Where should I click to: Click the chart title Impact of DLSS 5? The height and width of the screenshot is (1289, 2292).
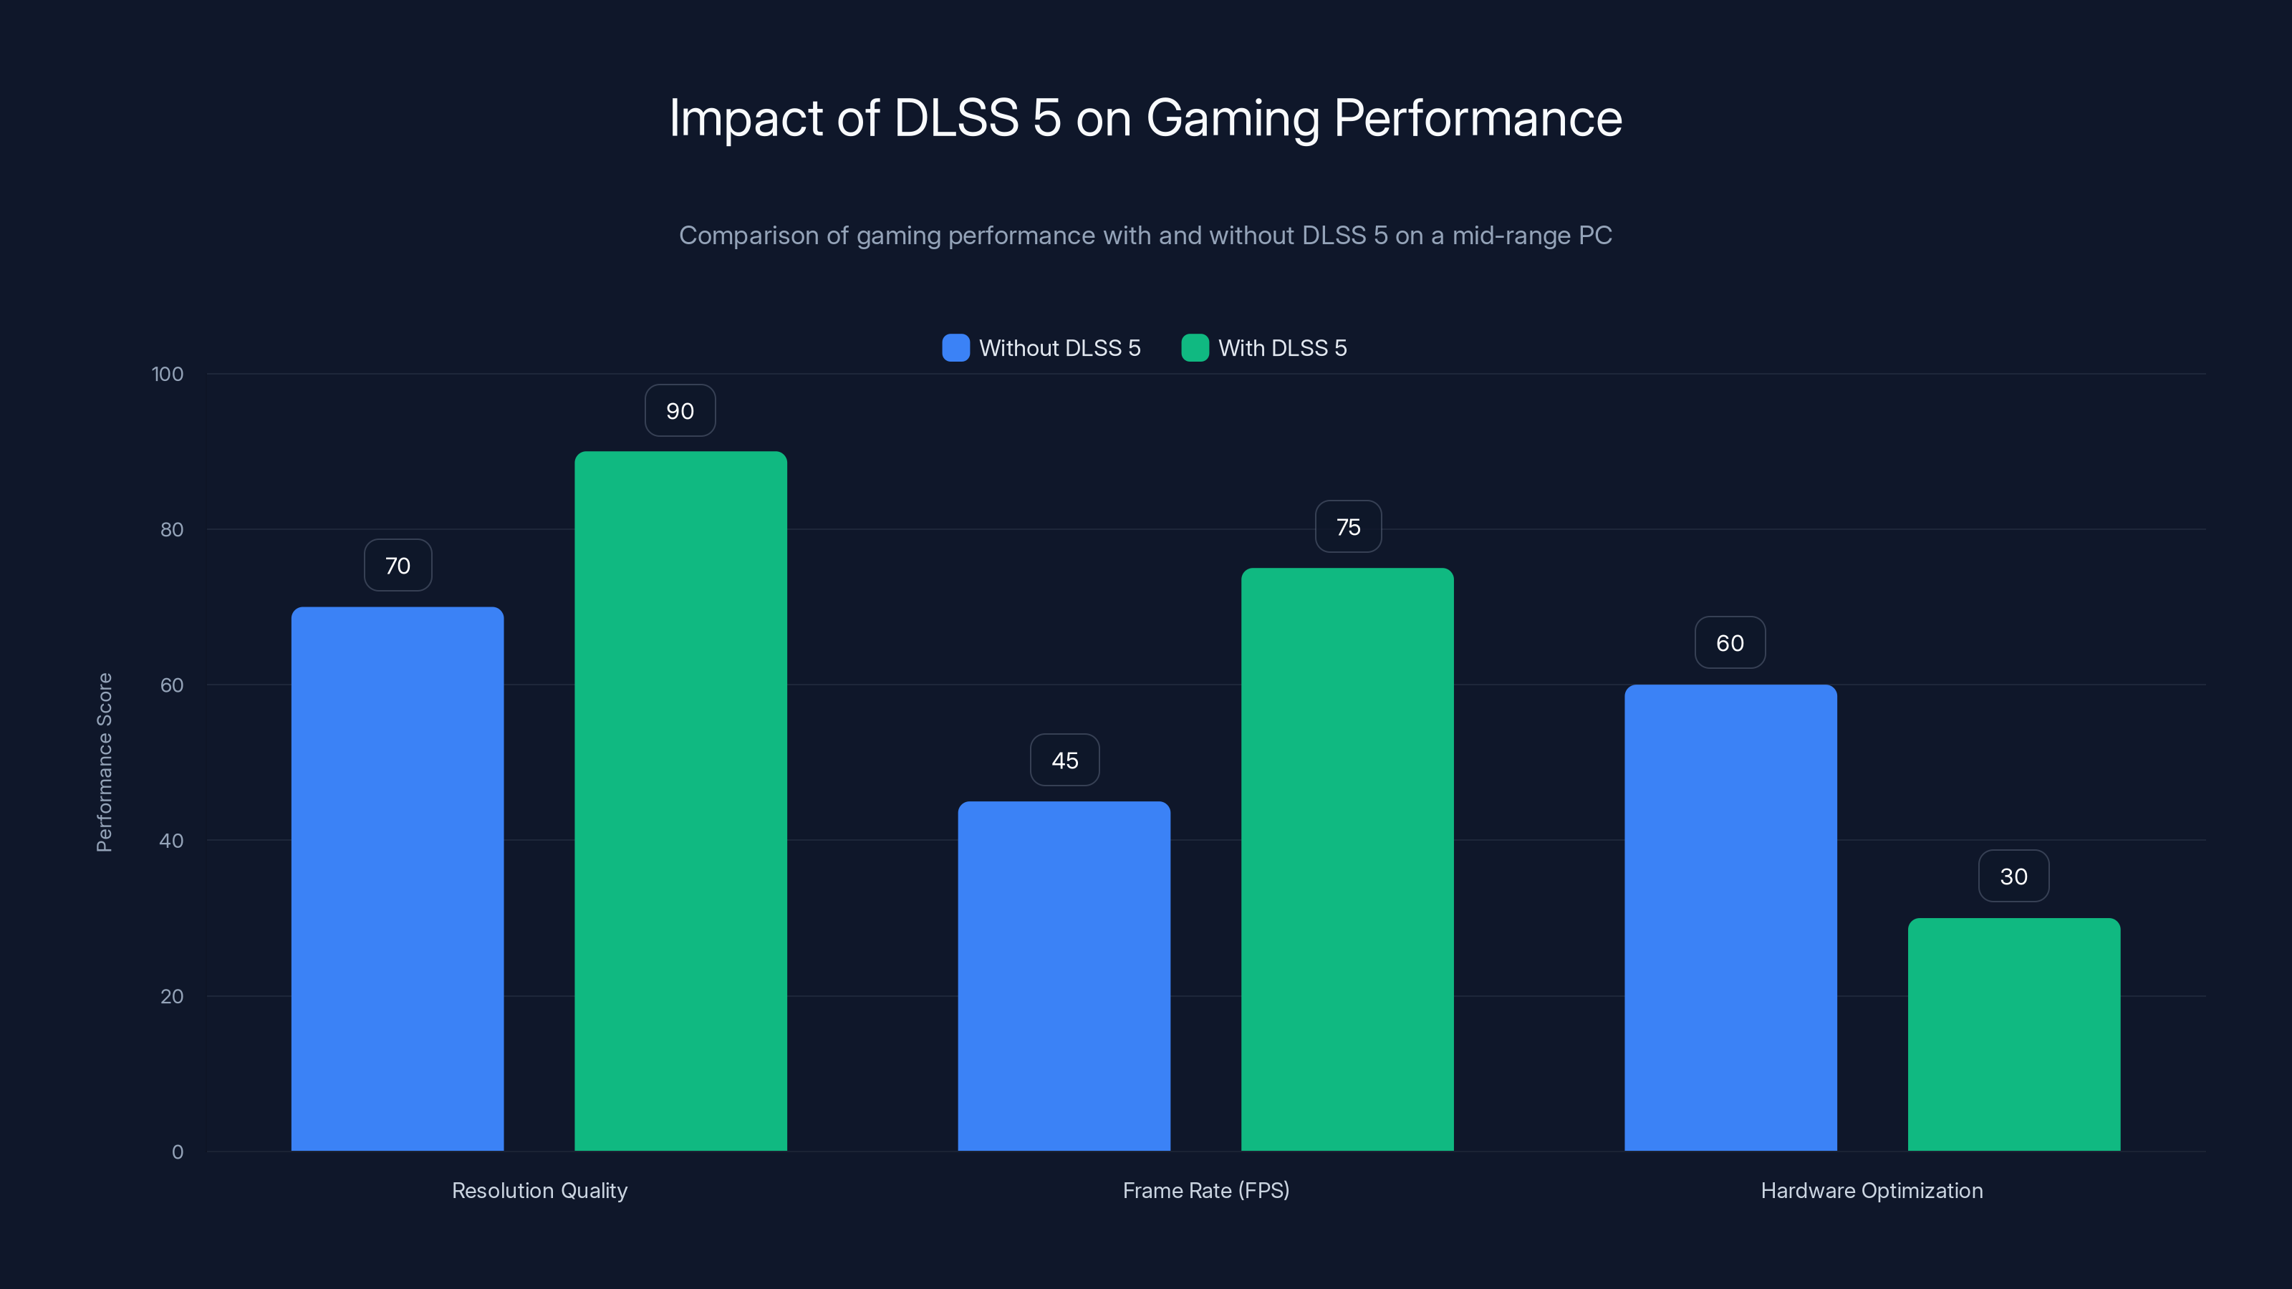click(x=1145, y=117)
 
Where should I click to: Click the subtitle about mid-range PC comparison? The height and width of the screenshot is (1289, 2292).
click(x=1145, y=236)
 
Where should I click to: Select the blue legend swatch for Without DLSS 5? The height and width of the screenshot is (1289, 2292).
click(x=955, y=348)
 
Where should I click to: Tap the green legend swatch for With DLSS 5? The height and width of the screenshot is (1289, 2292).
click(x=1194, y=348)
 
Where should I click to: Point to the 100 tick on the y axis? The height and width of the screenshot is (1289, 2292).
click(x=168, y=375)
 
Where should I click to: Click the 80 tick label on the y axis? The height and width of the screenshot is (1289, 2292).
click(x=172, y=530)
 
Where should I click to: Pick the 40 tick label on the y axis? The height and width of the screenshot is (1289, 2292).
click(x=172, y=841)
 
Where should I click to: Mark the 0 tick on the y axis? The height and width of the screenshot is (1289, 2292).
click(x=177, y=1152)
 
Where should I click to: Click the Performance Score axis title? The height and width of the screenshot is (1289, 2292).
click(x=104, y=763)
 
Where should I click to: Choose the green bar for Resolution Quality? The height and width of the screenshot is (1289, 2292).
click(x=680, y=801)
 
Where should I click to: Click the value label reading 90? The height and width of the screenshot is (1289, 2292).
click(x=680, y=411)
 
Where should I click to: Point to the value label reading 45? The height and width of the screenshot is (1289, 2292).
click(x=1064, y=761)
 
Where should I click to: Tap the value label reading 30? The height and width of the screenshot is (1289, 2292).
click(x=2013, y=877)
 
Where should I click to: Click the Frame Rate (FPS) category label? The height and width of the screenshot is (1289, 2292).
click(x=1205, y=1190)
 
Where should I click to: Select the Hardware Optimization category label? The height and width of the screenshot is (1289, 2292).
click(x=1871, y=1190)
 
